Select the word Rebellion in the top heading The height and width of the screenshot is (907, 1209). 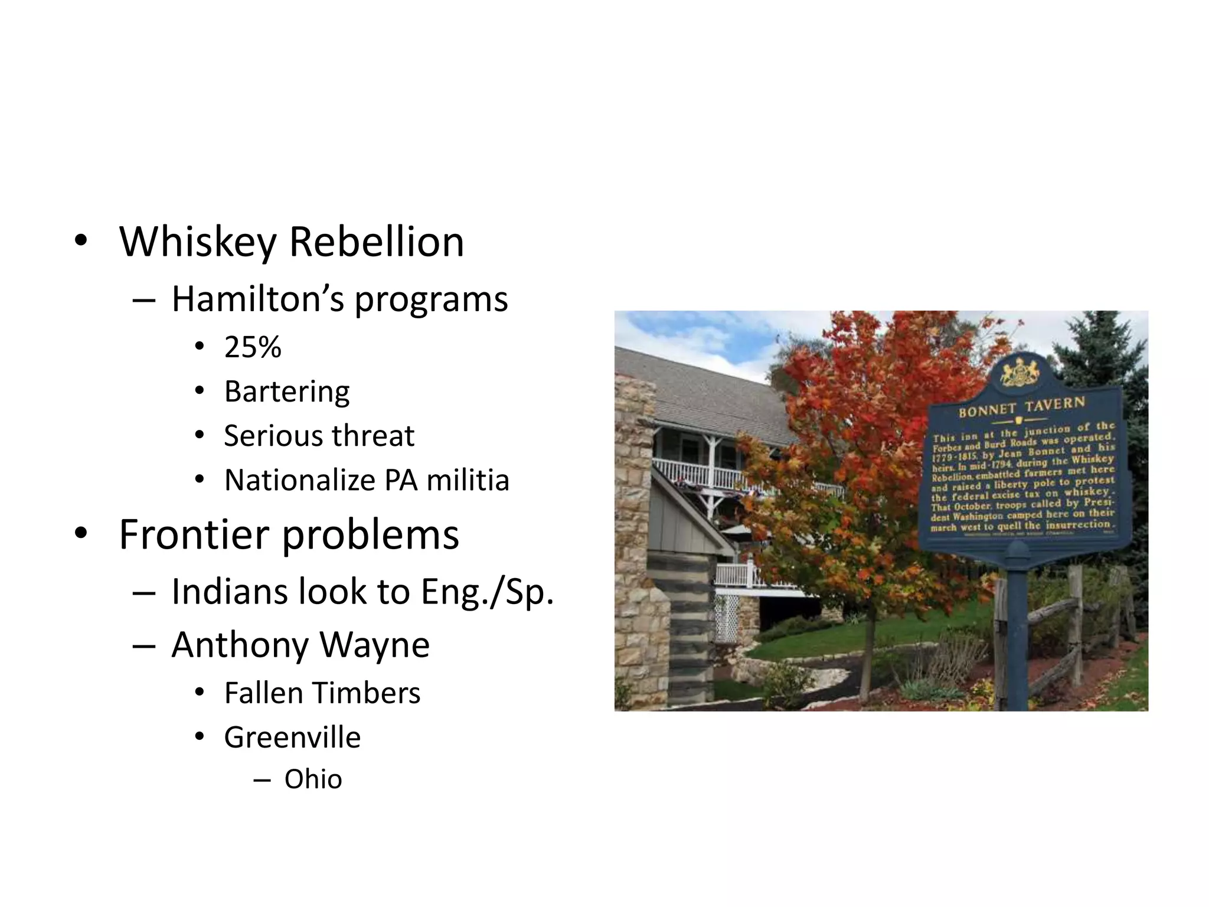(x=376, y=242)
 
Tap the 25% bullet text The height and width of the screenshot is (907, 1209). (x=253, y=347)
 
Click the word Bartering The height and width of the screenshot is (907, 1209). (x=287, y=391)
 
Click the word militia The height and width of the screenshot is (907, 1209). (x=468, y=480)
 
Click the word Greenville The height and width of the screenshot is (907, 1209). (x=292, y=738)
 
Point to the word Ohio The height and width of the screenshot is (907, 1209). (x=313, y=779)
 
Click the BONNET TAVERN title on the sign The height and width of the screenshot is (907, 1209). (x=1021, y=407)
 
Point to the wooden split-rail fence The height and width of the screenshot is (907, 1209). (x=1063, y=614)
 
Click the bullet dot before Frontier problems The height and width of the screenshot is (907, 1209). (x=81, y=533)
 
